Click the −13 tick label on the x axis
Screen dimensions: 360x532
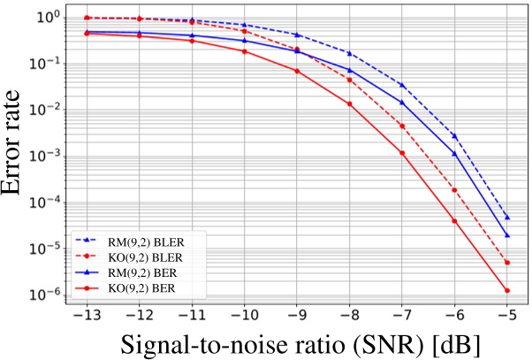click(86, 316)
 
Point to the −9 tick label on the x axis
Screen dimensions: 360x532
click(297, 316)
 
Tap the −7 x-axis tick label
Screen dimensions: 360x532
click(402, 316)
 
